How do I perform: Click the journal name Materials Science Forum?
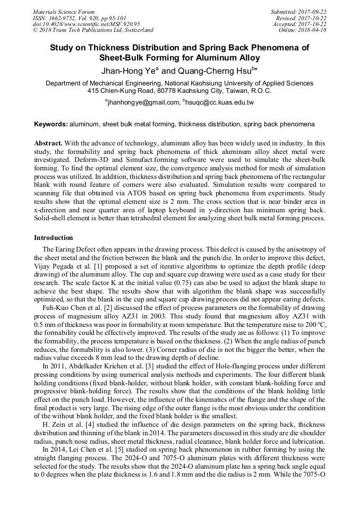[64, 12]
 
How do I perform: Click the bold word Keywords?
[50, 124]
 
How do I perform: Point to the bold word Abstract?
[48, 144]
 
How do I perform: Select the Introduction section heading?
[54, 237]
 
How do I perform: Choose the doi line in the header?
[87, 24]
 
